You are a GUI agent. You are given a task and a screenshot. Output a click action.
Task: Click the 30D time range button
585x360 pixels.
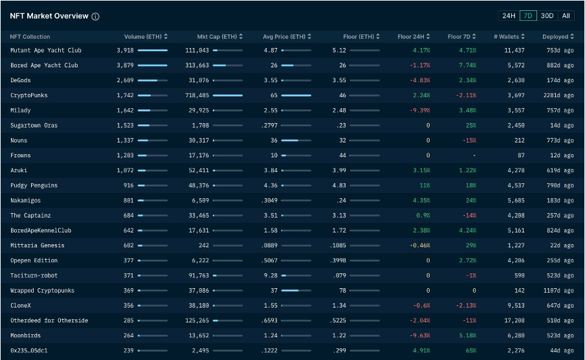click(x=547, y=16)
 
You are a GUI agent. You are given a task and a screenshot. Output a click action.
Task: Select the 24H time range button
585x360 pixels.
click(x=509, y=16)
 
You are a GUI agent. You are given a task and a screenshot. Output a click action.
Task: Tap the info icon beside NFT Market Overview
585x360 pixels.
click(x=96, y=16)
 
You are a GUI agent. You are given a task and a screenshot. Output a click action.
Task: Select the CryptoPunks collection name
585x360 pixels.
click(x=29, y=95)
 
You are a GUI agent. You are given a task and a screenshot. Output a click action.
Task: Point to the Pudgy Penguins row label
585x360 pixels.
click(x=34, y=185)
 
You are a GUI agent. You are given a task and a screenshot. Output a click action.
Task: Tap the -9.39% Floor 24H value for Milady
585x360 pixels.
click(x=419, y=110)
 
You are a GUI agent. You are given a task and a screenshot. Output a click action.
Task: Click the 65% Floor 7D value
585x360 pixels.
click(x=470, y=350)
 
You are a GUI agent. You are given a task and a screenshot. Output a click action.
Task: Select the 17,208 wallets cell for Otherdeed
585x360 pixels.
click(x=514, y=321)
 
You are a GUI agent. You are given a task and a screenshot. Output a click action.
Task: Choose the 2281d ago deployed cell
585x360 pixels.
click(x=558, y=95)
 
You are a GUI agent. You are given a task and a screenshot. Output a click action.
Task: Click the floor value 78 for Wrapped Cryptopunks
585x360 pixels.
click(x=342, y=290)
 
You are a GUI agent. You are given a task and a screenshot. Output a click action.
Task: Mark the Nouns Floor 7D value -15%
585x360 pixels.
click(x=469, y=141)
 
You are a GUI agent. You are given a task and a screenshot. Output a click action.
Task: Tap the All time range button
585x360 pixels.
click(x=566, y=16)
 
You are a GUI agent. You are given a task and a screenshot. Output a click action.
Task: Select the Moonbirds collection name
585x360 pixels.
click(x=27, y=335)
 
